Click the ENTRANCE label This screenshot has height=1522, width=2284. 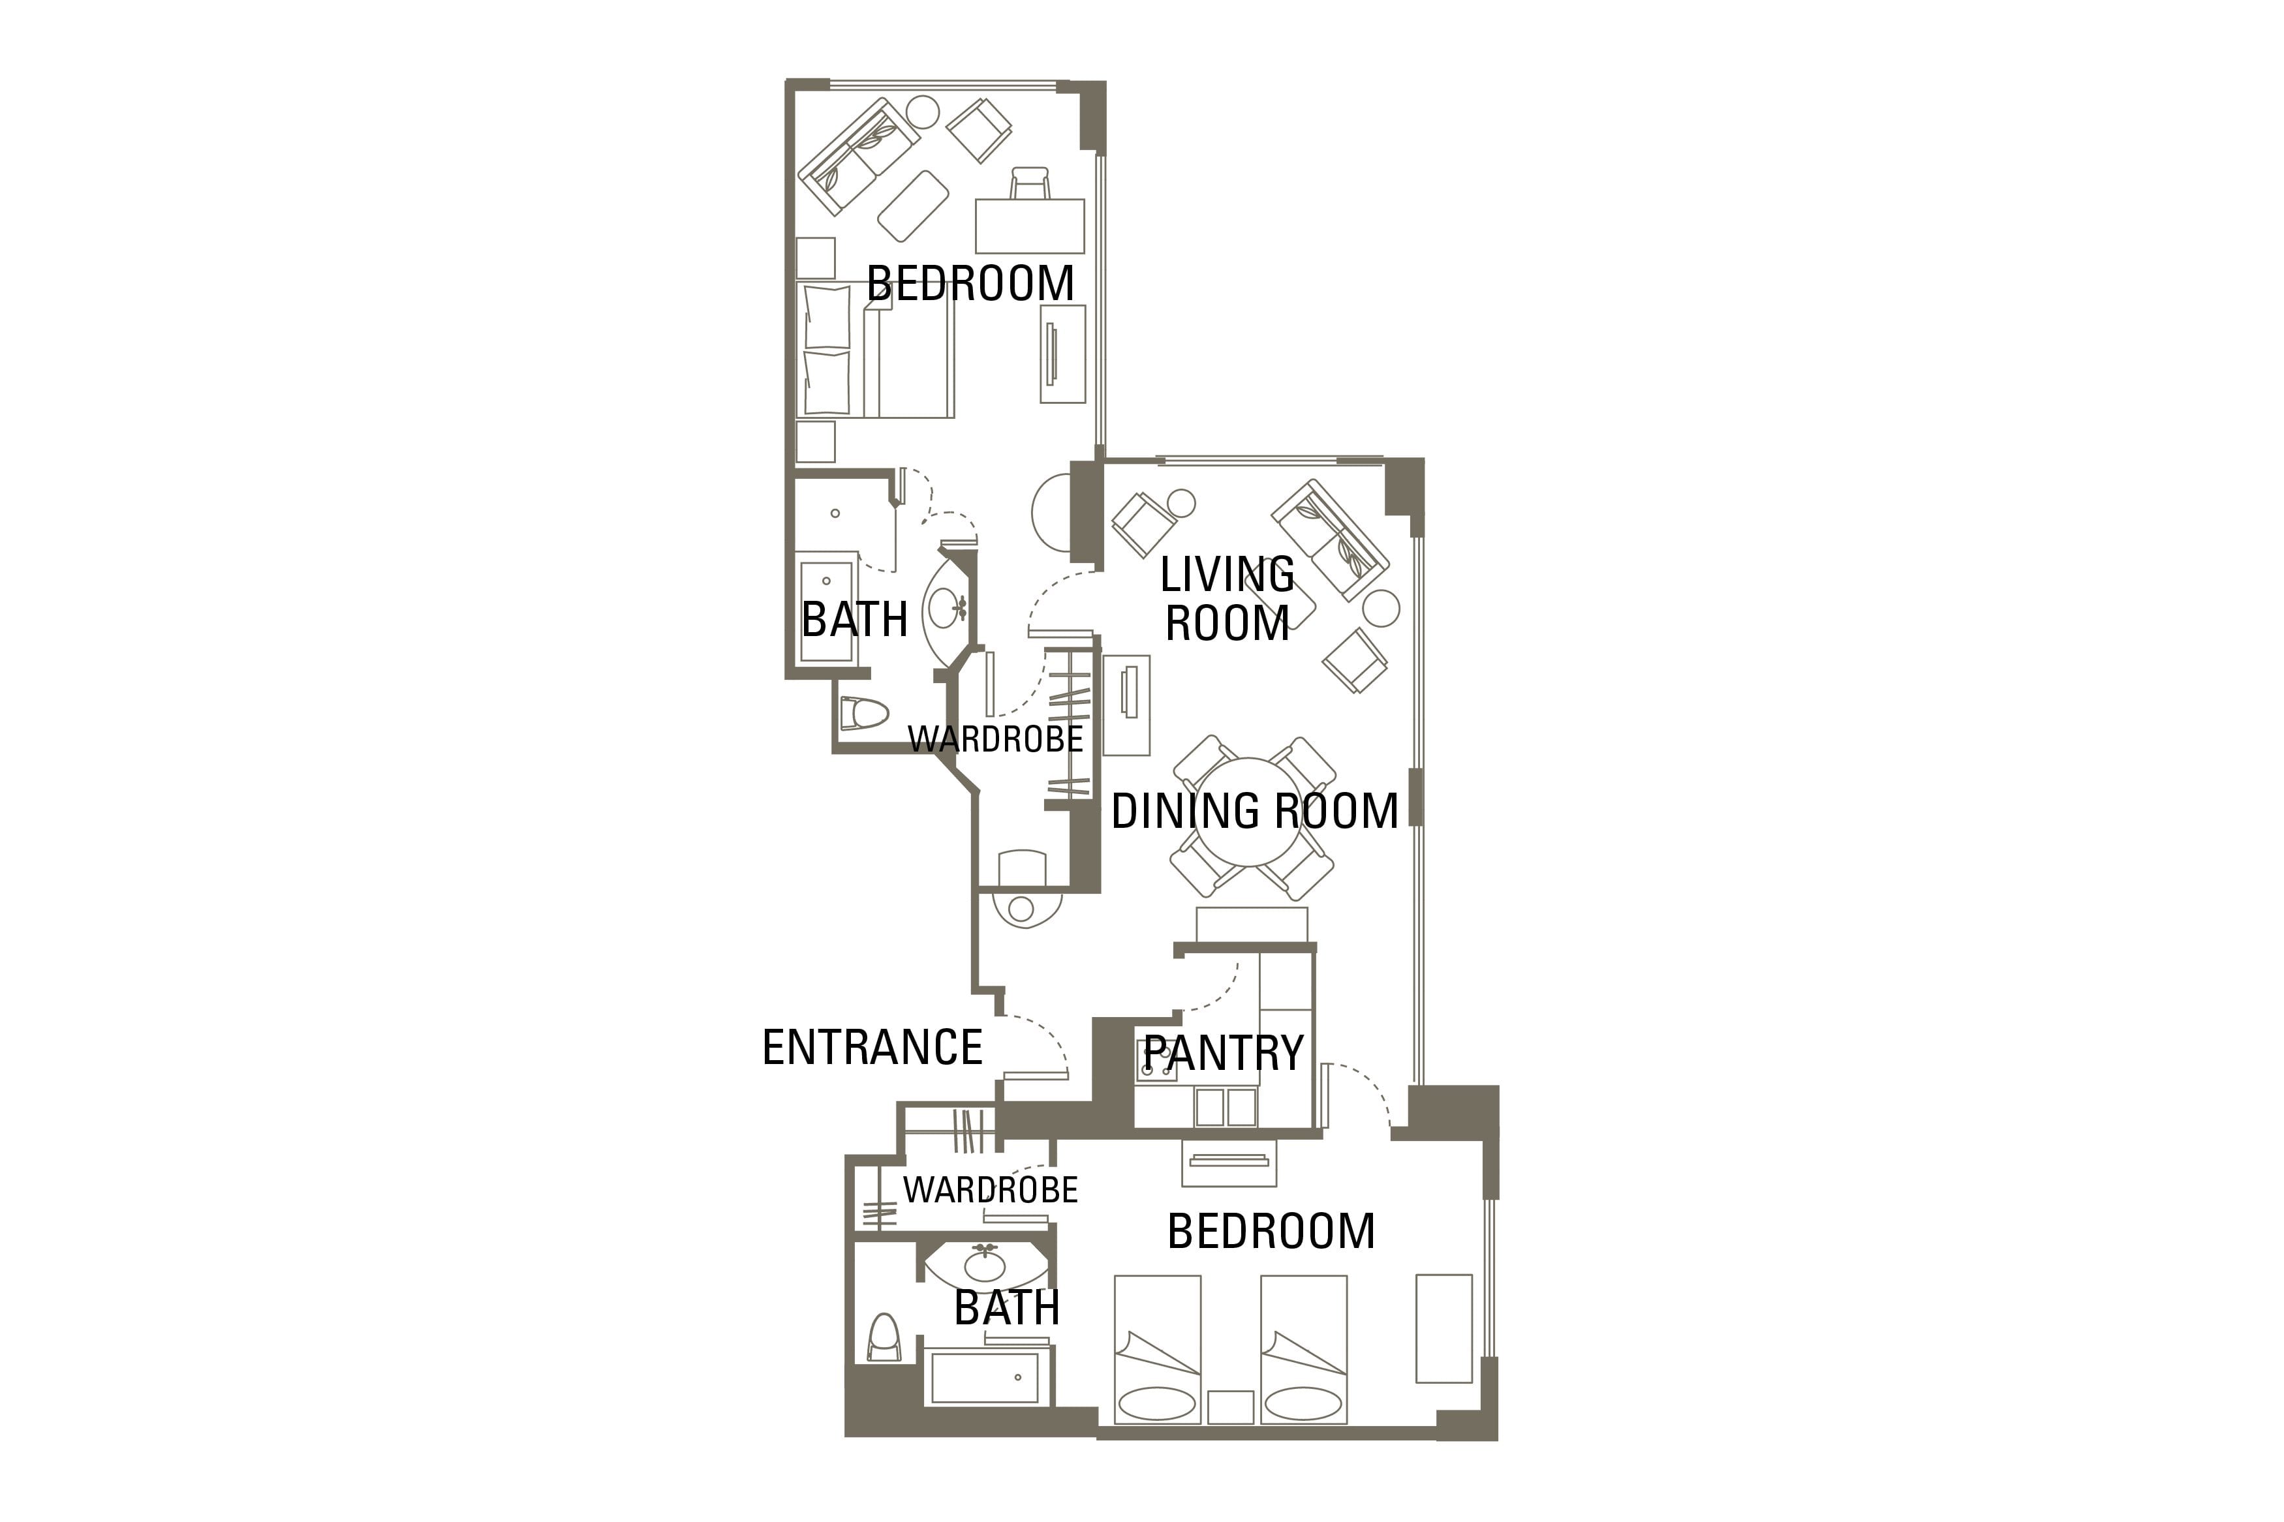click(872, 1047)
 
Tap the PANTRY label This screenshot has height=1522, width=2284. click(1223, 1053)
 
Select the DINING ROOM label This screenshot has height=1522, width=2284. click(1254, 810)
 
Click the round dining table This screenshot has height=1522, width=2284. click(1249, 812)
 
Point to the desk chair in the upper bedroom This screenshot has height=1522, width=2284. click(1030, 183)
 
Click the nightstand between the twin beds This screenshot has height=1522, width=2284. click(1230, 1407)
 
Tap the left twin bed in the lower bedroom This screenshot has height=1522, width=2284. click(1157, 1349)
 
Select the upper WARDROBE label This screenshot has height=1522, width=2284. click(995, 740)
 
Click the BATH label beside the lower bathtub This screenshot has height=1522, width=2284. click(1006, 1309)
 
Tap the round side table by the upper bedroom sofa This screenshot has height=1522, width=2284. click(922, 113)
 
